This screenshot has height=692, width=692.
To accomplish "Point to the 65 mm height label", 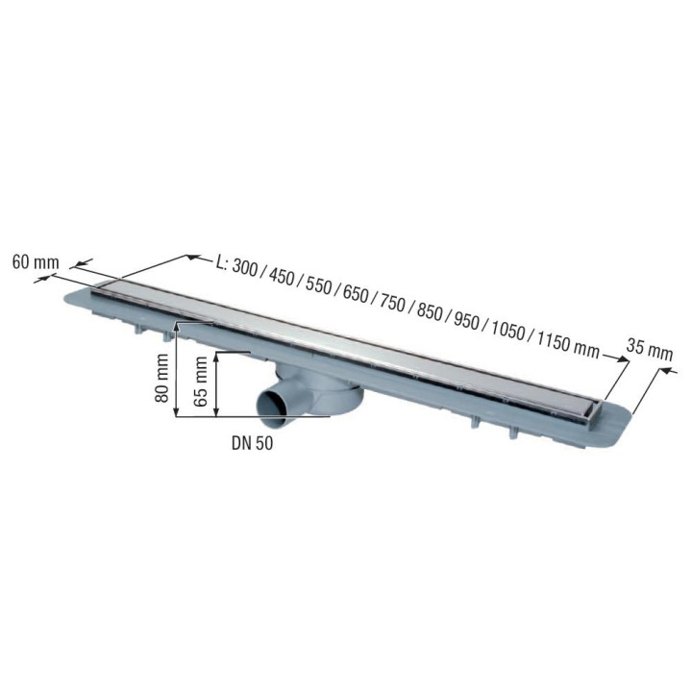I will [x=200, y=383].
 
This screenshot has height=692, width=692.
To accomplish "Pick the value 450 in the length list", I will [x=285, y=280].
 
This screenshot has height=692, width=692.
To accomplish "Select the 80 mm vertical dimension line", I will [x=177, y=371].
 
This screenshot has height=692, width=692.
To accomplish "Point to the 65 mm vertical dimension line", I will [x=218, y=383].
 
